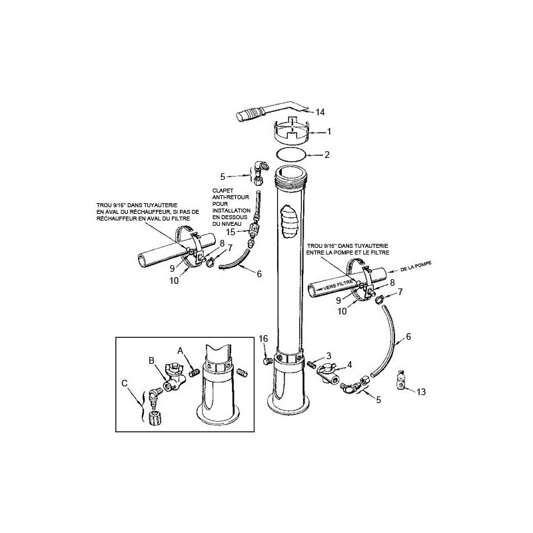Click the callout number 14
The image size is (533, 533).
tap(320, 112)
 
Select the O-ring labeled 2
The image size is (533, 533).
tap(290, 149)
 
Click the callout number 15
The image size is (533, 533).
tap(231, 232)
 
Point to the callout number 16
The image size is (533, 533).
tap(263, 338)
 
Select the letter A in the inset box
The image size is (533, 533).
tap(180, 350)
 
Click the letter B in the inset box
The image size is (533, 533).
tap(152, 360)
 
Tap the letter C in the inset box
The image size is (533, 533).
tap(125, 384)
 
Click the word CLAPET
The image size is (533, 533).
tap(223, 191)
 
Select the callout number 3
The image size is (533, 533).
tap(328, 356)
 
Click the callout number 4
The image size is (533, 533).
tap(349, 364)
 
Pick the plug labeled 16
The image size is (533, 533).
tap(267, 360)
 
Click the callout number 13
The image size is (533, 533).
tap(421, 392)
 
